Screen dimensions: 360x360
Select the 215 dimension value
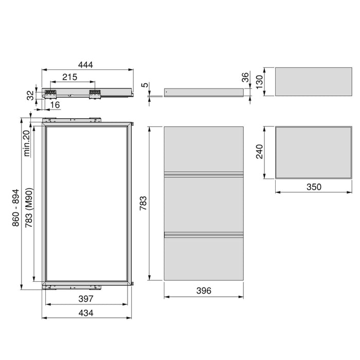tap(69, 77)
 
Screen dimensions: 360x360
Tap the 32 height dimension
tap(30, 95)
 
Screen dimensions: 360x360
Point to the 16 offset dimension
tap(56, 105)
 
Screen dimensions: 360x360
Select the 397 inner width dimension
tap(85, 299)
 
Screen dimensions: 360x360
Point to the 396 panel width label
tap(204, 291)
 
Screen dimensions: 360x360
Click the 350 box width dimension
tap(313, 187)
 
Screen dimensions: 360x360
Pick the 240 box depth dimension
tap(260, 152)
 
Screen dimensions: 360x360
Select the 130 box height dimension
tap(260, 81)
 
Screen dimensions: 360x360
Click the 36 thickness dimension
tap(245, 78)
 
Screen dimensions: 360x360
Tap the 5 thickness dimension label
tap(145, 85)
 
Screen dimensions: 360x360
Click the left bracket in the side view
tap(50, 94)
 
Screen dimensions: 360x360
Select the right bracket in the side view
tap(94, 94)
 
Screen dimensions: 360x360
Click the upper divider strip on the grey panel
tap(204, 173)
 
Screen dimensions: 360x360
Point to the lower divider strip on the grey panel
tap(204, 235)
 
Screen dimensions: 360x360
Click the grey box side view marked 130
tap(313, 81)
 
